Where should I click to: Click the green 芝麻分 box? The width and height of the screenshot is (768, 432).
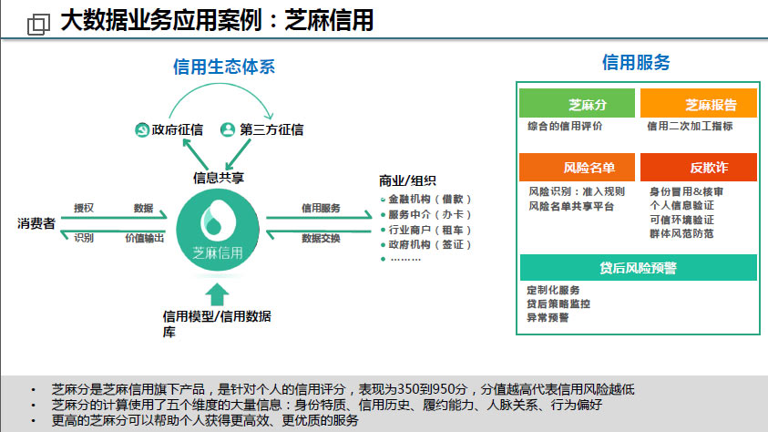click(577, 103)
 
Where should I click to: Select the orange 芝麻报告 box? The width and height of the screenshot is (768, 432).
click(699, 103)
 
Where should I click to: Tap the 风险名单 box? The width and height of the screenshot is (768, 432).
click(577, 167)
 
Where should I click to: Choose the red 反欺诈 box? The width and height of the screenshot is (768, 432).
click(699, 167)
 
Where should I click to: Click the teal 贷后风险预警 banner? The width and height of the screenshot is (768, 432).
click(639, 267)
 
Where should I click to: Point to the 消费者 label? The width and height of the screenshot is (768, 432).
click(36, 224)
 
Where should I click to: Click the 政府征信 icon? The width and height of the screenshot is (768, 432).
click(142, 129)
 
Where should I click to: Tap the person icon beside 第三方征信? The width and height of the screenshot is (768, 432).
click(228, 129)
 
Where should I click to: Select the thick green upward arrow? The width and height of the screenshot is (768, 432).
click(217, 294)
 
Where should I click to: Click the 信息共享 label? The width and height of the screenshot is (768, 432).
click(219, 178)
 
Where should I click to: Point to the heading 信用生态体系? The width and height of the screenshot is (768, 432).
click(224, 67)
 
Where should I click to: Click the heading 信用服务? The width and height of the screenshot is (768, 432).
click(636, 62)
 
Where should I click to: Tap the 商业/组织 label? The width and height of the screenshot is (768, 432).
click(407, 180)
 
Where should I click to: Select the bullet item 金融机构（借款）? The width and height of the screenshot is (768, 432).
click(425, 200)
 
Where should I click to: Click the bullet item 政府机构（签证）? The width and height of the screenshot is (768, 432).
click(425, 244)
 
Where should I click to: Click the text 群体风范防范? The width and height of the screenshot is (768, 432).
click(681, 233)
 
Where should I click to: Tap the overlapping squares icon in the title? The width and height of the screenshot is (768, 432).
click(38, 24)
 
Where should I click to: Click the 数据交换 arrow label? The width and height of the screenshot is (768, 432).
click(321, 239)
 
